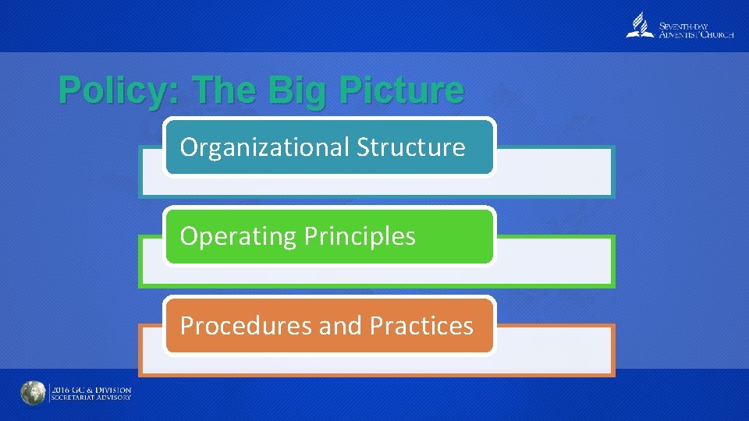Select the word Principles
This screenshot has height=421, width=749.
point(358,236)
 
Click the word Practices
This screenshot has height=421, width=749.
point(421,325)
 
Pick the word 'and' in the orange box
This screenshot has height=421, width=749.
point(340,325)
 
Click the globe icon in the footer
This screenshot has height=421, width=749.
point(34,394)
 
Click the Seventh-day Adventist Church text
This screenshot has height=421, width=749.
point(697,30)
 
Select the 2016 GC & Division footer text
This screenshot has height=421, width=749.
point(91,389)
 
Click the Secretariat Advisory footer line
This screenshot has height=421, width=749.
point(91,398)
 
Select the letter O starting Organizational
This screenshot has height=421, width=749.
point(188,147)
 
